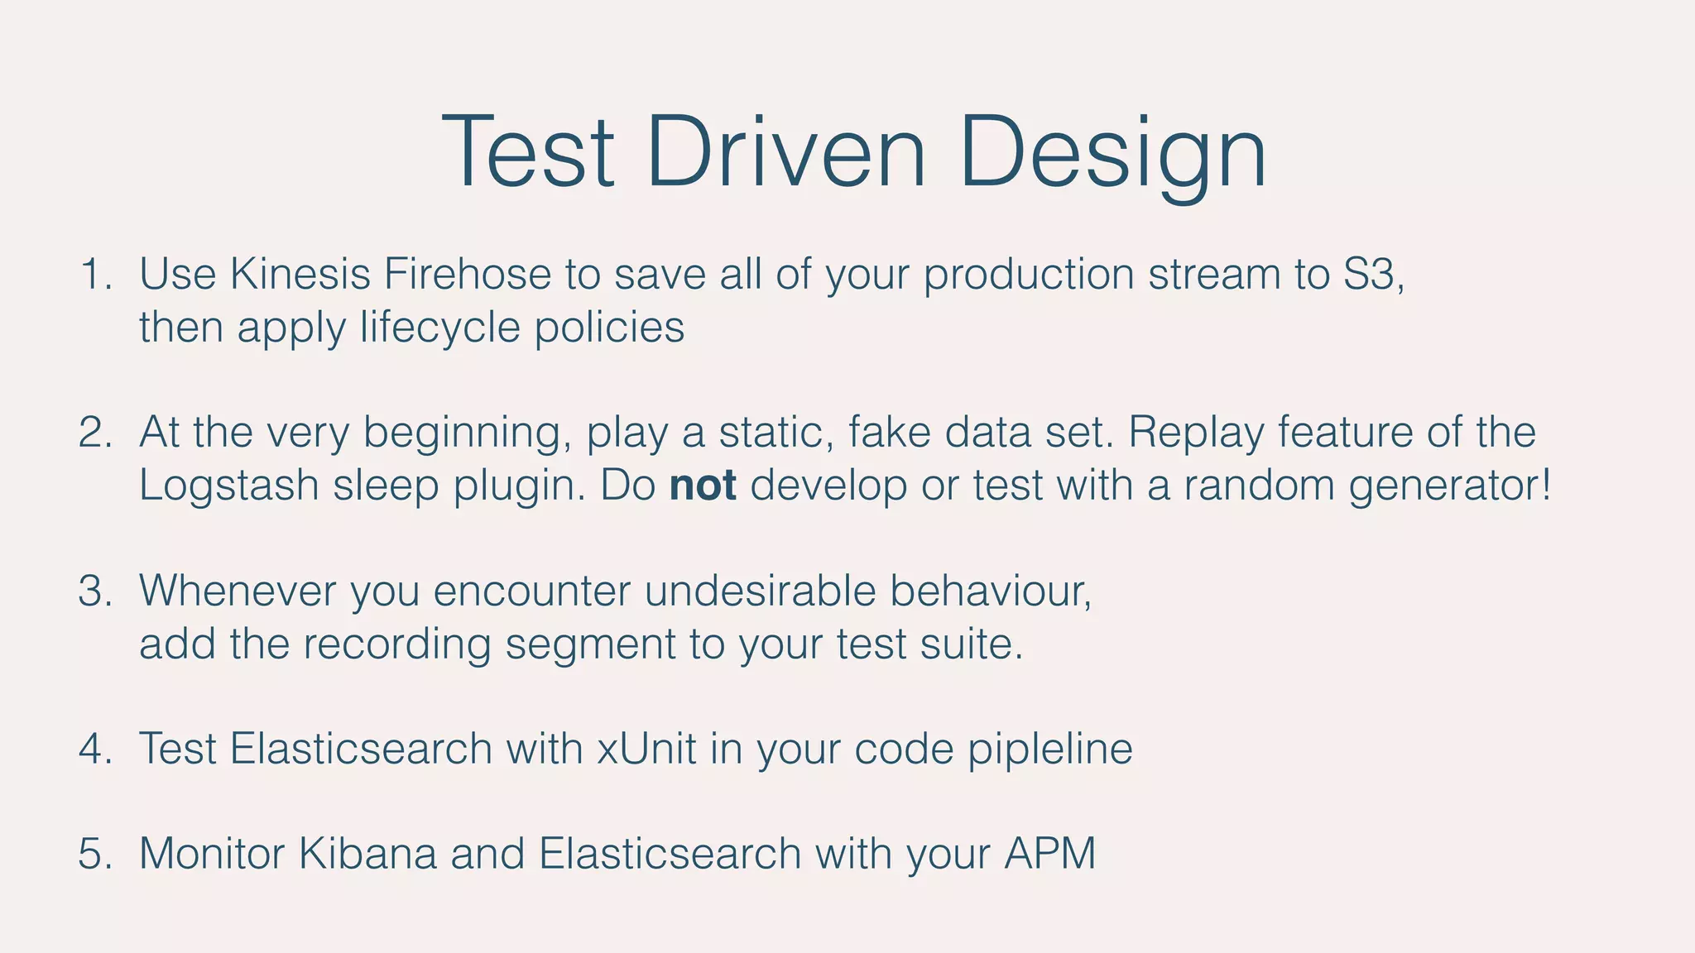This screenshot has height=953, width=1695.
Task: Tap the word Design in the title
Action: pos(1112,154)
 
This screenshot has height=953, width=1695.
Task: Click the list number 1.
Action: pos(94,275)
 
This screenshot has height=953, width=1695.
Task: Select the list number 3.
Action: pos(94,591)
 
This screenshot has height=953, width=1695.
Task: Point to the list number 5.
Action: pos(94,854)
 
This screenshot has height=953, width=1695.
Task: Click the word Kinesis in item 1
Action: pos(300,275)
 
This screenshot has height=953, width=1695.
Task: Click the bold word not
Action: pos(702,486)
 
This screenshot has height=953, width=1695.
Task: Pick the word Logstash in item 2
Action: pos(228,486)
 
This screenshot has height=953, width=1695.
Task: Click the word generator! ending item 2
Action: pos(1449,486)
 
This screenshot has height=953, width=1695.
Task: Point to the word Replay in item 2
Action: pos(1195,433)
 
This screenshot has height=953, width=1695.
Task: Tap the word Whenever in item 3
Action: pos(237,591)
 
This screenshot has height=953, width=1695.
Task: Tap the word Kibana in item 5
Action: pos(367,854)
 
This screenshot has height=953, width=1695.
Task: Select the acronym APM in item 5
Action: pos(1049,854)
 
